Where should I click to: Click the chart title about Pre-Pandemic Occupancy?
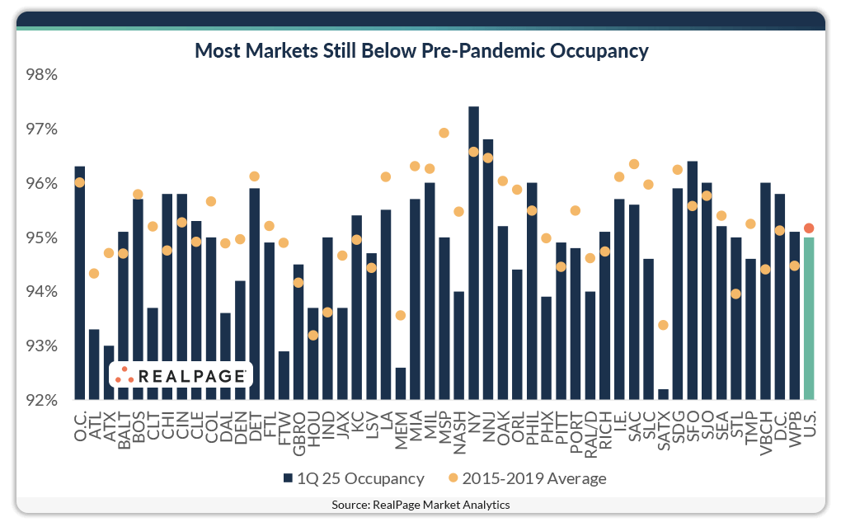pos(420,51)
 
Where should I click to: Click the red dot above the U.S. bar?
pos(809,228)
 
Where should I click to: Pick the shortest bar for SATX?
pos(663,394)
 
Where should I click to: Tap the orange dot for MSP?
pos(444,133)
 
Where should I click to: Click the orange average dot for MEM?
pos(401,315)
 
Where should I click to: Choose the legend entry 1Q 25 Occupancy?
pos(354,478)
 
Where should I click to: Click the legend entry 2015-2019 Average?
pos(527,478)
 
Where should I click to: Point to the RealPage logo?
pos(181,375)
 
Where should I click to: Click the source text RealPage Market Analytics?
pos(420,505)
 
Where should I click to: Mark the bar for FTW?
pos(284,375)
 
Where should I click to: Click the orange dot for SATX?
pos(663,325)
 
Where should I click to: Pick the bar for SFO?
pos(692,280)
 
